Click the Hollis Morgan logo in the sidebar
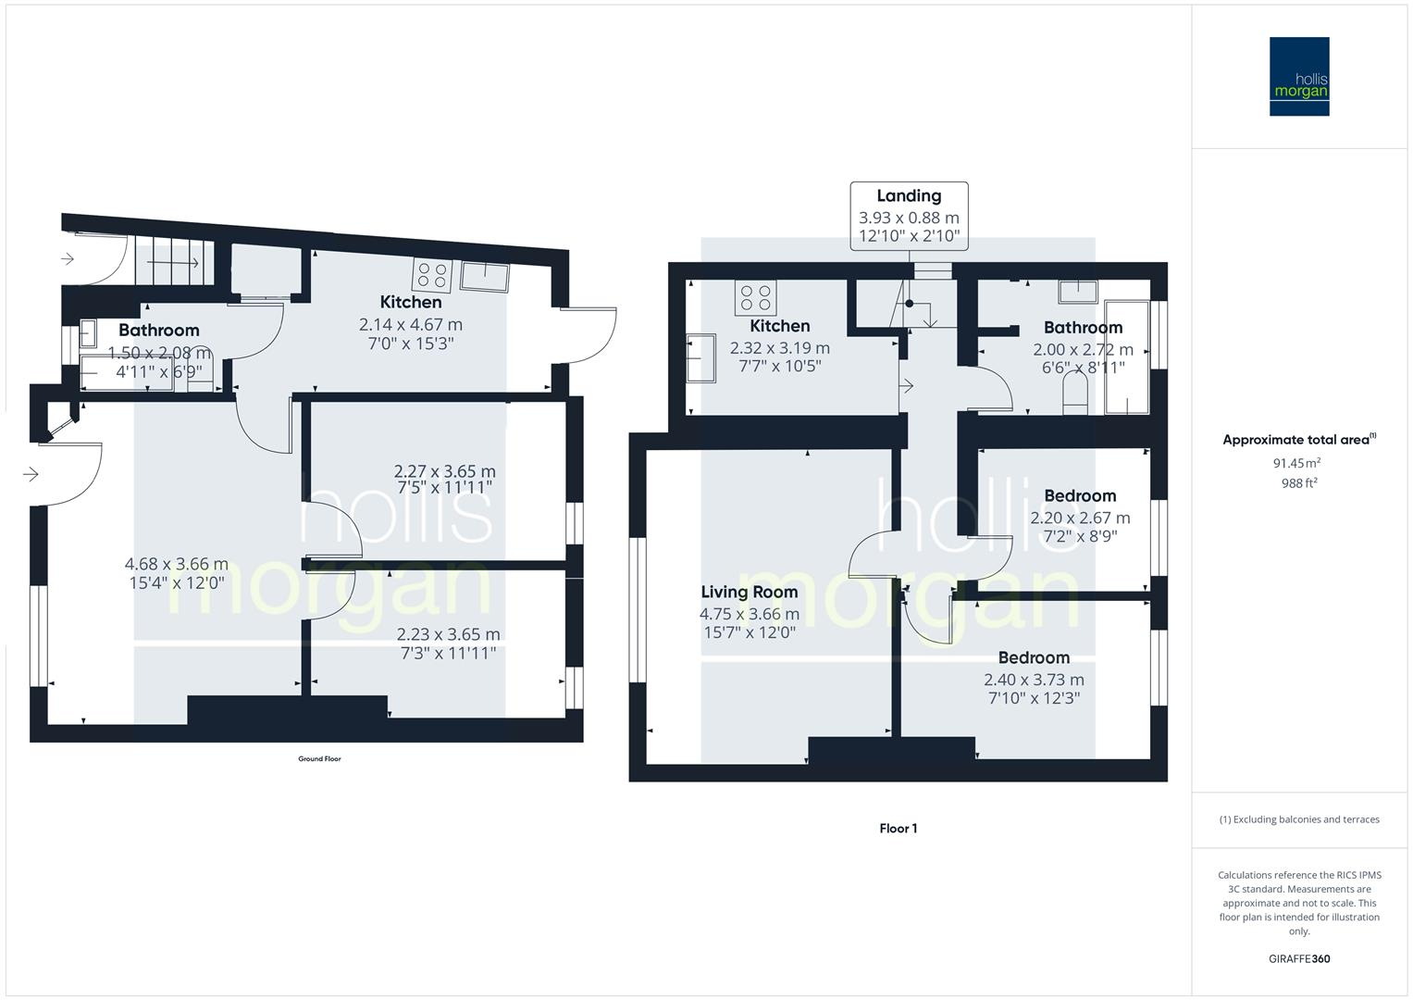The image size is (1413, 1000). (x=1298, y=76)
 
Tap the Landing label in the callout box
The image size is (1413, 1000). (x=909, y=195)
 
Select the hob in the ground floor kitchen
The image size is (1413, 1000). (x=431, y=275)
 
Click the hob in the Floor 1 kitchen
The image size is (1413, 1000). (x=755, y=297)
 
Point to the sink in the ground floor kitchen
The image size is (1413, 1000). (x=484, y=276)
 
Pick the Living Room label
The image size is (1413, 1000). (x=749, y=593)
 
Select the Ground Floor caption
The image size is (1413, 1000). (x=319, y=759)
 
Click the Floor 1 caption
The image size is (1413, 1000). (x=898, y=829)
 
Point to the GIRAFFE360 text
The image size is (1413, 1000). (x=1299, y=958)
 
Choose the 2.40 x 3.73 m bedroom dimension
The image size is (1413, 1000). (x=1034, y=680)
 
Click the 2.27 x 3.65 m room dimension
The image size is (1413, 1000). (x=444, y=471)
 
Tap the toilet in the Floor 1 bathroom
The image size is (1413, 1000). (x=1074, y=401)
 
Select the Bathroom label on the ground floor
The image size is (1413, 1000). (x=158, y=331)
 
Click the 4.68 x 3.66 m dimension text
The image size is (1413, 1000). (x=176, y=565)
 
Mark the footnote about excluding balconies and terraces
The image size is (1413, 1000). (x=1299, y=819)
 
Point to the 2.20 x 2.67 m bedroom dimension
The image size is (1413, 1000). (x=1080, y=519)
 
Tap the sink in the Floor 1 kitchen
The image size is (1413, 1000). (x=701, y=357)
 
